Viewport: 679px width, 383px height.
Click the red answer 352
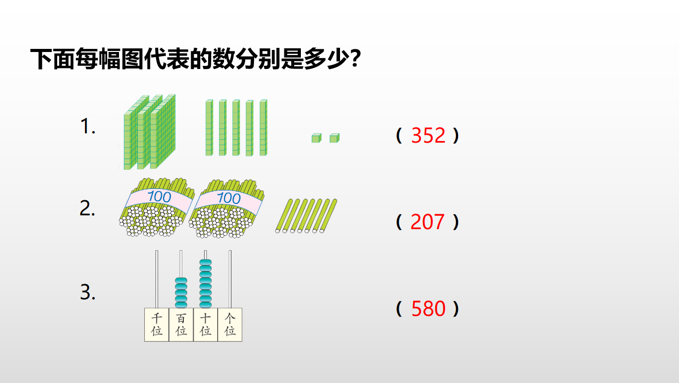pyautogui.click(x=428, y=135)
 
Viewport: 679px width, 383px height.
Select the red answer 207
pyautogui.click(x=428, y=222)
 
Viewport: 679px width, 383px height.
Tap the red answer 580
pyautogui.click(x=428, y=308)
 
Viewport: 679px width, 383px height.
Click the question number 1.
pyautogui.click(x=88, y=126)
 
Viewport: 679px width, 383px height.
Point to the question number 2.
pyautogui.click(x=87, y=208)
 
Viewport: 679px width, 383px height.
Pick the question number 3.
pyautogui.click(x=88, y=292)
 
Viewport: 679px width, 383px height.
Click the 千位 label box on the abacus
pyautogui.click(x=157, y=325)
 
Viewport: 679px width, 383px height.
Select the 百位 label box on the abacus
pyautogui.click(x=181, y=325)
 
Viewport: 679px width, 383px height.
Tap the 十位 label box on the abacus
pyautogui.click(x=206, y=325)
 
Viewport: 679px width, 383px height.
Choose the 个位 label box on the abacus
pyautogui.click(x=230, y=325)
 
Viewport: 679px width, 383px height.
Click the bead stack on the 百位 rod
pyautogui.click(x=181, y=293)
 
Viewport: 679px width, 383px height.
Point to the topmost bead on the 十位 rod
pyautogui.click(x=206, y=262)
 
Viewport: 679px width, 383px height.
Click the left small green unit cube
pyautogui.click(x=316, y=138)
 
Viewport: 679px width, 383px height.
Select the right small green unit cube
pyautogui.click(x=334, y=138)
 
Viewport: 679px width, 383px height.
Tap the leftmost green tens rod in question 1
pyautogui.click(x=209, y=128)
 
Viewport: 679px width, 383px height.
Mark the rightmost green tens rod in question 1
pyautogui.click(x=263, y=128)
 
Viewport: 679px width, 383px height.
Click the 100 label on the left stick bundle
pyautogui.click(x=159, y=197)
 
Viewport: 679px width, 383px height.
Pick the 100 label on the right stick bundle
pyautogui.click(x=229, y=198)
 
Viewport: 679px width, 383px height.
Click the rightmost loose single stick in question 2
pyautogui.click(x=328, y=216)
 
